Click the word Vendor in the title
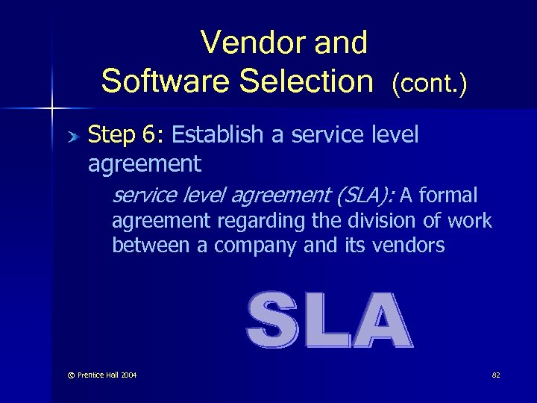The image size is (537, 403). [x=244, y=43]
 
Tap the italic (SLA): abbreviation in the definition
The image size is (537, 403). [x=365, y=196]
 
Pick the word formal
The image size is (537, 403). [x=449, y=196]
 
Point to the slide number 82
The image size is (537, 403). [x=495, y=375]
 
